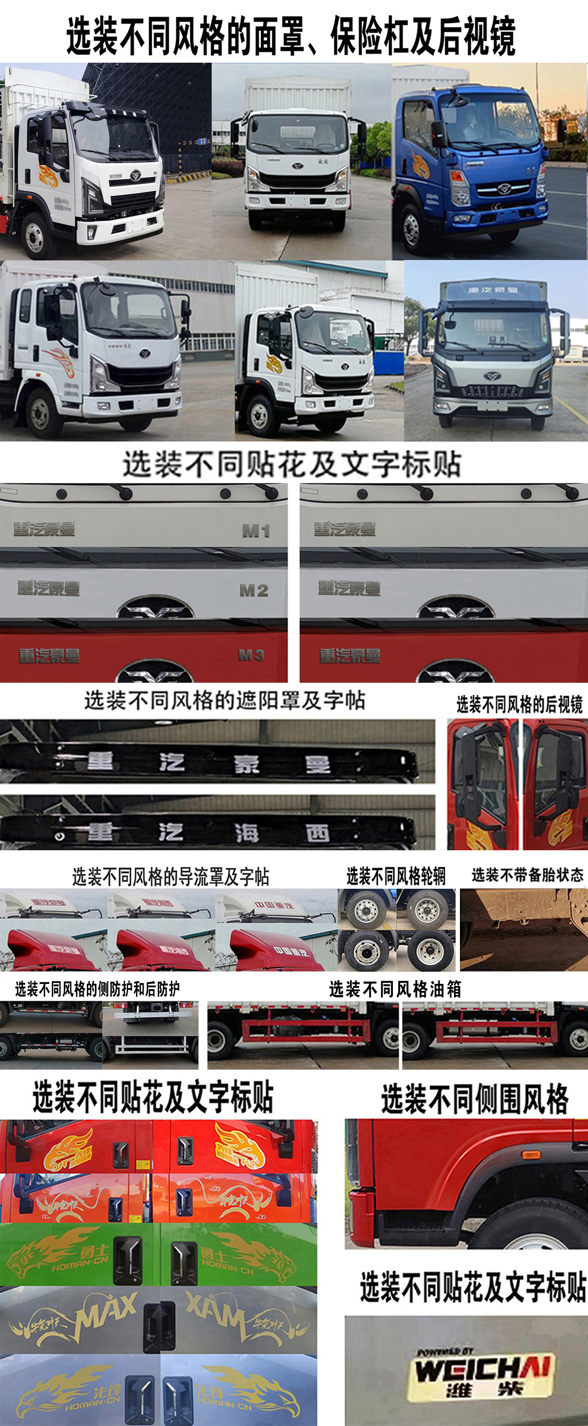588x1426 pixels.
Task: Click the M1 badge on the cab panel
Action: [x=256, y=532]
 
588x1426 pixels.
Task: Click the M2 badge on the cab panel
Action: [x=254, y=591]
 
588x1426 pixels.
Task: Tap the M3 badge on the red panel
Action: [x=251, y=655]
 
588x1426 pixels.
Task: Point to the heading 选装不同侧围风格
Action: [x=474, y=1099]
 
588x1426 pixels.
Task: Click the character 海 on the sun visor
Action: [x=246, y=833]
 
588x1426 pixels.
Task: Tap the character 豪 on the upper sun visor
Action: [x=246, y=764]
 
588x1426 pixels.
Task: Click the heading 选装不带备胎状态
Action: [x=527, y=875]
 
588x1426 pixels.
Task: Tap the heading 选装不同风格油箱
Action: [x=395, y=989]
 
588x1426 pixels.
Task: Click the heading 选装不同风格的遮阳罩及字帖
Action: [x=224, y=701]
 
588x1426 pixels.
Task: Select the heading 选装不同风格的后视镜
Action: [x=519, y=705]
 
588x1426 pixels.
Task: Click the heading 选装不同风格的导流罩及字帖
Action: [x=170, y=877]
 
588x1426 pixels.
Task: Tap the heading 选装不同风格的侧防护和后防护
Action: [x=98, y=989]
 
